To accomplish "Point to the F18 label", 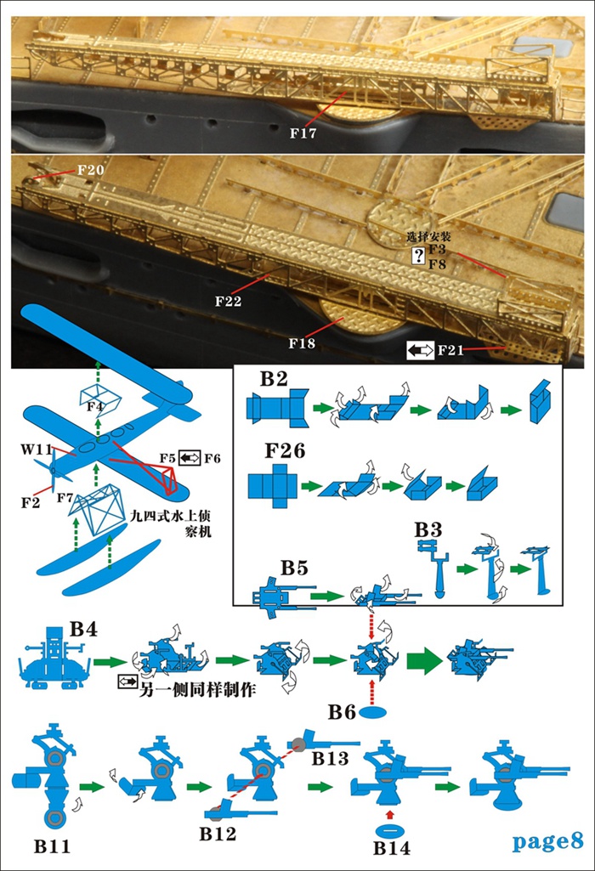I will [x=301, y=343].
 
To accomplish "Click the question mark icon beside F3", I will [x=417, y=257].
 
